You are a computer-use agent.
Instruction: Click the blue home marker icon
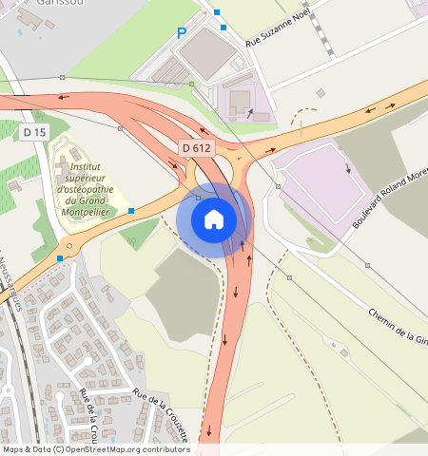point(214,219)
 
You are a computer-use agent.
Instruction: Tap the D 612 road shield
point(196,148)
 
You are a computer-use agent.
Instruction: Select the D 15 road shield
point(34,132)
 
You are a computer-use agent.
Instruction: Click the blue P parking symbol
point(182,34)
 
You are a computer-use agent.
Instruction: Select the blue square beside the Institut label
point(131,210)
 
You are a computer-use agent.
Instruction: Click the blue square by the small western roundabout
point(60,257)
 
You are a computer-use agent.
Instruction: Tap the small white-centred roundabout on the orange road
point(69,245)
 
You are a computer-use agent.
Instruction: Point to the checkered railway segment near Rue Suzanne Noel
point(327,36)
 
